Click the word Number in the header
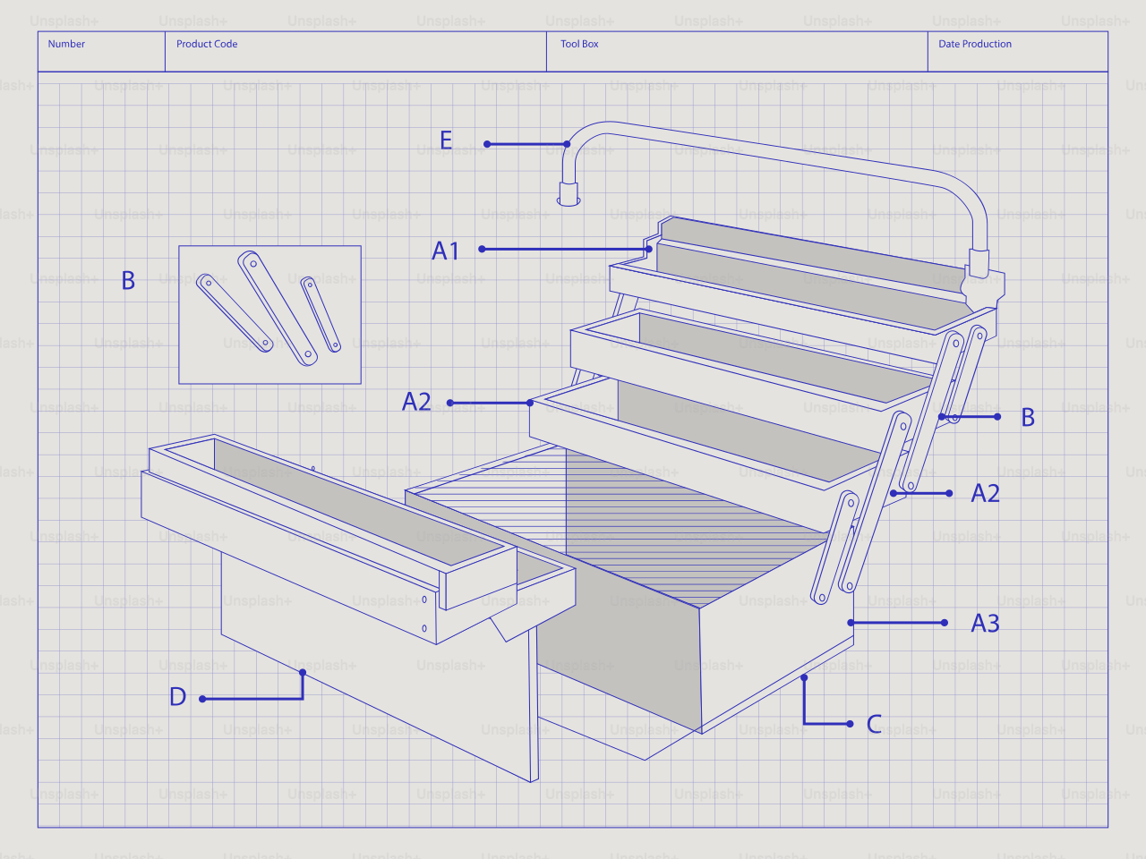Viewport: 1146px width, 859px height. point(66,44)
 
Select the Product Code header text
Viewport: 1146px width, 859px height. point(207,44)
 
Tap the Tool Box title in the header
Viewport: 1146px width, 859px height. point(579,44)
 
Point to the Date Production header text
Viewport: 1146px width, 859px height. point(975,44)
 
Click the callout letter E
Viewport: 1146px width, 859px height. point(446,140)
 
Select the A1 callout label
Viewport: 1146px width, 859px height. point(445,251)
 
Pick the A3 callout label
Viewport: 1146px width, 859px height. point(985,624)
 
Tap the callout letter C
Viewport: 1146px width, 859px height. point(875,725)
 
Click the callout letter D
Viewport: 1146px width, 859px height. point(177,697)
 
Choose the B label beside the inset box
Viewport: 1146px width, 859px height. point(128,281)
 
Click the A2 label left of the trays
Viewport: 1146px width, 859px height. point(416,402)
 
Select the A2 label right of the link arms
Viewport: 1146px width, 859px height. point(985,494)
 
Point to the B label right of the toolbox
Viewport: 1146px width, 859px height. point(1028,418)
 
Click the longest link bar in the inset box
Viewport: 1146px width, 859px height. point(278,309)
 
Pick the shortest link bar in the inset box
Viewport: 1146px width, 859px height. point(321,314)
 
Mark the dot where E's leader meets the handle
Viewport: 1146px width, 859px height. point(568,144)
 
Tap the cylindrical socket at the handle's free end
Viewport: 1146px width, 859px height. point(569,193)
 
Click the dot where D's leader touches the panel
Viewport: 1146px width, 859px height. point(303,672)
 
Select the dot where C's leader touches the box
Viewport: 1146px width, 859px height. point(804,678)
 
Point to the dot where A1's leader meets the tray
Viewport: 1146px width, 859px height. point(649,249)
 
